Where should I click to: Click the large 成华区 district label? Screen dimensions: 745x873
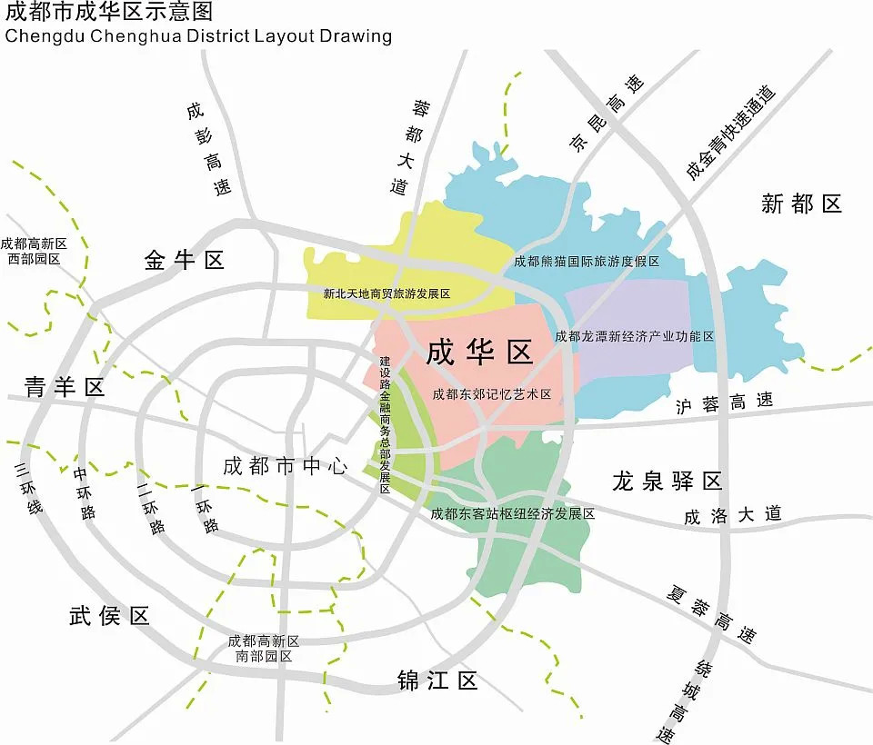click(x=479, y=352)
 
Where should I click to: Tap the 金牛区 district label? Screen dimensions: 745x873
click(x=184, y=261)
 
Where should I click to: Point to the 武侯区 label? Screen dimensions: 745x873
click(x=109, y=616)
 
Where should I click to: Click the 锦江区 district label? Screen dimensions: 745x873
click(x=437, y=680)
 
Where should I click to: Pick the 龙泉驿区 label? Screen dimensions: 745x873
click(x=667, y=481)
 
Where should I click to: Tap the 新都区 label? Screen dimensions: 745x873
click(x=801, y=204)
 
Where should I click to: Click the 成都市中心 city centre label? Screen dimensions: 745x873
click(x=286, y=467)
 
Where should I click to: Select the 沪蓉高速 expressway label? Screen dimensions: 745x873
click(x=724, y=402)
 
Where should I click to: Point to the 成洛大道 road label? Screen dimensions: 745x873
click(x=733, y=515)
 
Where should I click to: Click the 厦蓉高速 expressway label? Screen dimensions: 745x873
click(x=710, y=614)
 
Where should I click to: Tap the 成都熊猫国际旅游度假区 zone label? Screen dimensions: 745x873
click(x=587, y=262)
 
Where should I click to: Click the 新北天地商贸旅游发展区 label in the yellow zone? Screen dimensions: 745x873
click(x=386, y=294)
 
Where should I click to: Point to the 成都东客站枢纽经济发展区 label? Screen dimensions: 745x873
click(x=512, y=514)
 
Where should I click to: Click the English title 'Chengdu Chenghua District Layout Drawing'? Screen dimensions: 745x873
click(x=199, y=36)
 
